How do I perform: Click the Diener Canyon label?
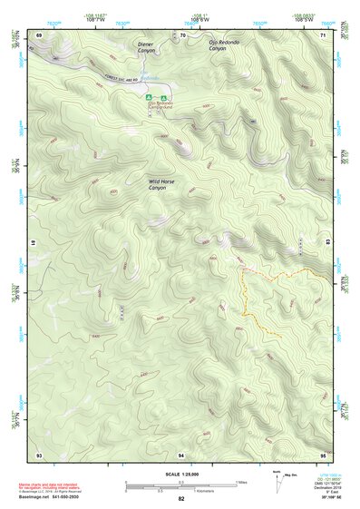(x=146, y=46)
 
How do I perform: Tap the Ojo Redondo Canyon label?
(x=224, y=44)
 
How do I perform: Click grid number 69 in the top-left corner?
(x=39, y=34)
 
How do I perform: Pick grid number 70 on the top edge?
(x=182, y=34)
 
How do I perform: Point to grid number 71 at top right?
(x=323, y=34)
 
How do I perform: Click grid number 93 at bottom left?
(x=39, y=453)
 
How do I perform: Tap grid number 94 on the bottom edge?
(x=182, y=453)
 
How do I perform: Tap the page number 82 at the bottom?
(x=181, y=499)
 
